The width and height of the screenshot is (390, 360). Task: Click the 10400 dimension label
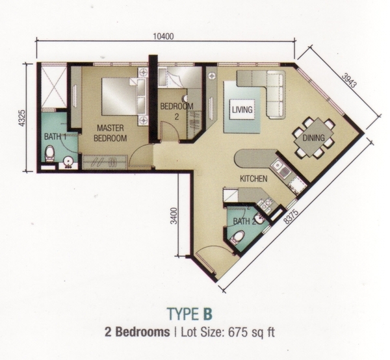[x=163, y=36]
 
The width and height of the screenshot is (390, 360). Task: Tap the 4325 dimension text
[x=22, y=118]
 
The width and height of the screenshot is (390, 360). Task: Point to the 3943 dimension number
[x=349, y=80]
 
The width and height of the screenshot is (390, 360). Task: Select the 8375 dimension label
[x=291, y=217]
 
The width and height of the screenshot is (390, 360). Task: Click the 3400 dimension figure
[x=175, y=216]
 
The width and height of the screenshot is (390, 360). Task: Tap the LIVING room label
[x=242, y=109]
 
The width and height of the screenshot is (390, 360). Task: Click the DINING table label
[x=313, y=138]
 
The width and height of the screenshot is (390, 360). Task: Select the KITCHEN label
[x=253, y=179]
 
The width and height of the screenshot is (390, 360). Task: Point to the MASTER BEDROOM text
[x=110, y=133]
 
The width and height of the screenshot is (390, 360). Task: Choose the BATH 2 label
[x=244, y=221]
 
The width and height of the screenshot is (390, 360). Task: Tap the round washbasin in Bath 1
[x=67, y=162]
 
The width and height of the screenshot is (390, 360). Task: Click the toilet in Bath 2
[x=237, y=237]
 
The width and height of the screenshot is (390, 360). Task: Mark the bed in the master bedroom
[x=120, y=96]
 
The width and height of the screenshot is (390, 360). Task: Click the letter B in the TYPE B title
[x=208, y=314]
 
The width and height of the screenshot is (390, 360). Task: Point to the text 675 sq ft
[x=252, y=332]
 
